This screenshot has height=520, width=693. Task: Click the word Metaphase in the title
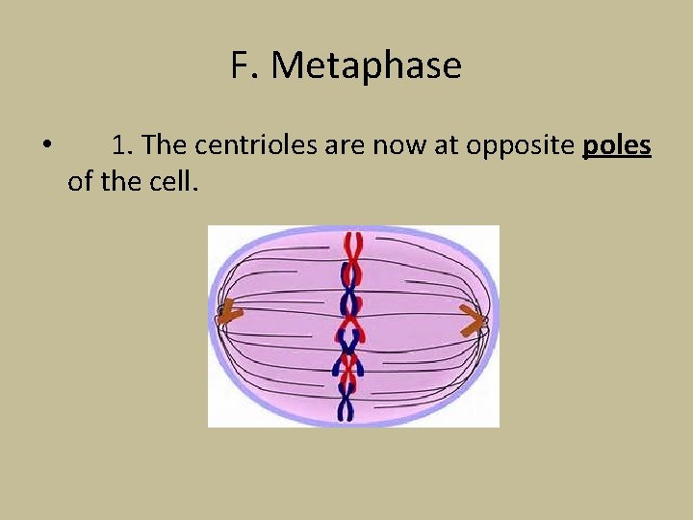coord(367,66)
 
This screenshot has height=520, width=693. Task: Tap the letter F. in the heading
coord(245,66)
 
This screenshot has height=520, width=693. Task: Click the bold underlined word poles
coord(617,145)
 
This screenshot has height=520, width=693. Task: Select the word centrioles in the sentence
coord(252,145)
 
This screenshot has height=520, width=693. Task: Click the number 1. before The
coord(122,145)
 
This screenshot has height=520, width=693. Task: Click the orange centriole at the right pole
coord(472,321)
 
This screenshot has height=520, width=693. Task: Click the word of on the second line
coord(81,180)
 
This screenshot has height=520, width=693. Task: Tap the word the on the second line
coord(120,180)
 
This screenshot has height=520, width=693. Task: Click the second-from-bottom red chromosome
coord(348,371)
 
